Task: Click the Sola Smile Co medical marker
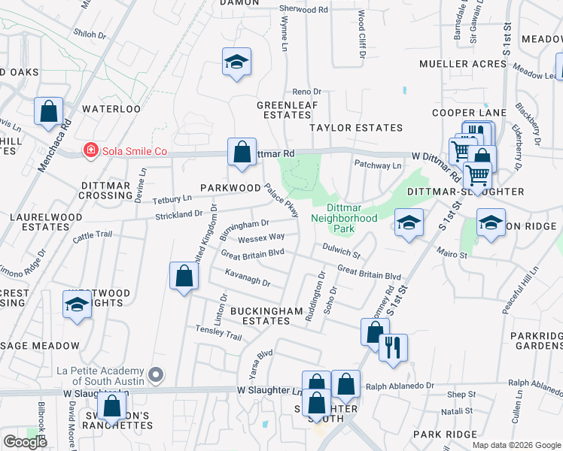(x=91, y=151)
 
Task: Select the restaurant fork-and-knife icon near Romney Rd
(x=393, y=347)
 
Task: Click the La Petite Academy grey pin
(x=156, y=374)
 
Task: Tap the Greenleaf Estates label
(x=284, y=110)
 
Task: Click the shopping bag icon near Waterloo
(x=48, y=111)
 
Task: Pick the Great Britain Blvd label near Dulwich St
(x=369, y=276)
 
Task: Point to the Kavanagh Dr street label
(x=247, y=280)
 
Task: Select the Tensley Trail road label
(x=218, y=332)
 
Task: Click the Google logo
(x=25, y=442)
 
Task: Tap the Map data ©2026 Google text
(x=516, y=445)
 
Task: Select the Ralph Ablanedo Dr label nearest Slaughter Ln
(x=400, y=386)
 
